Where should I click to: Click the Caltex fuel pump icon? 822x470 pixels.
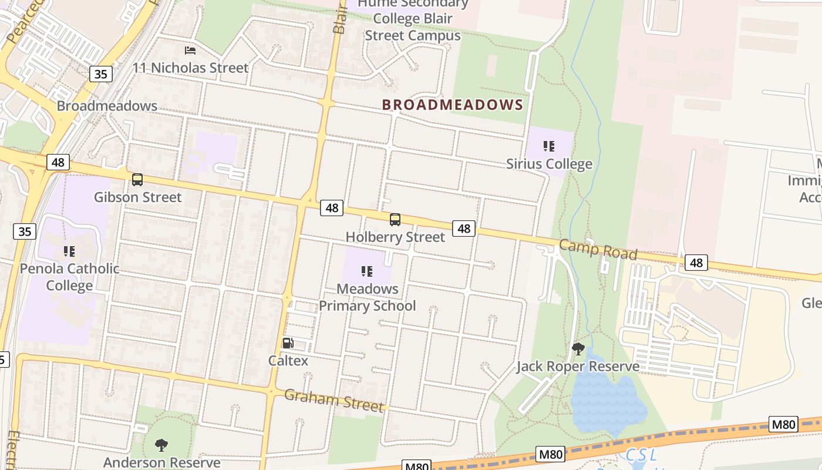[288, 343]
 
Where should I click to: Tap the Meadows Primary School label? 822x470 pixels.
[367, 297]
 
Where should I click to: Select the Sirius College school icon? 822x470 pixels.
[549, 146]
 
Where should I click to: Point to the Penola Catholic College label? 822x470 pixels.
[69, 277]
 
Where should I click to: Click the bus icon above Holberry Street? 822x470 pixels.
[395, 220]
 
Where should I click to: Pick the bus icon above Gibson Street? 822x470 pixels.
[137, 180]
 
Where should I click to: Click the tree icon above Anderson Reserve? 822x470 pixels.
[161, 445]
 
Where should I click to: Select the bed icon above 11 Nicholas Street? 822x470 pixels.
[190, 51]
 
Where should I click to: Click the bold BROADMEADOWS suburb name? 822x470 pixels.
[452, 105]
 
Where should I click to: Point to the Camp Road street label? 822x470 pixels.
[598, 250]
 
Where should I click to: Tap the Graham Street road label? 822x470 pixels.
[333, 400]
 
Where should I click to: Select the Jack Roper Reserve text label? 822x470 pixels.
[578, 367]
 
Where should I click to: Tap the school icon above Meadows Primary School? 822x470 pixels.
[367, 271]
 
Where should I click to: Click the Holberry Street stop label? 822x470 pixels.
[395, 237]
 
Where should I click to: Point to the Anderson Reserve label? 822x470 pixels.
[161, 462]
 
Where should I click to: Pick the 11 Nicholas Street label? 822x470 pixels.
[190, 68]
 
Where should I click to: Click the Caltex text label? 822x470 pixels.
[288, 360]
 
